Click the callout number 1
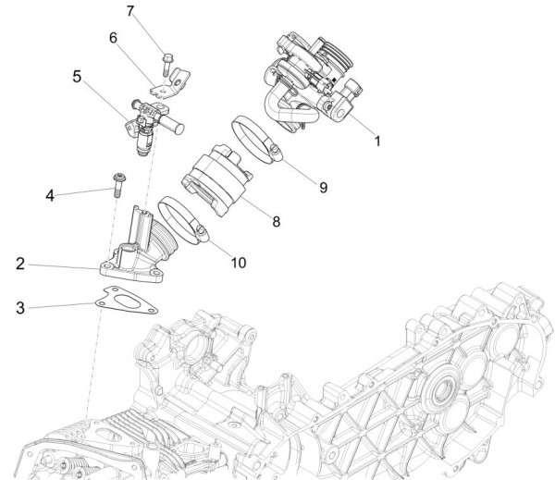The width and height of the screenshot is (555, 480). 376,142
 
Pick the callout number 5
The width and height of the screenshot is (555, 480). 78,77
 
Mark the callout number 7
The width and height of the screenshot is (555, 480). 130,12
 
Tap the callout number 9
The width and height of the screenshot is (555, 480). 323,187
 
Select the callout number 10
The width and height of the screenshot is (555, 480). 239,262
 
